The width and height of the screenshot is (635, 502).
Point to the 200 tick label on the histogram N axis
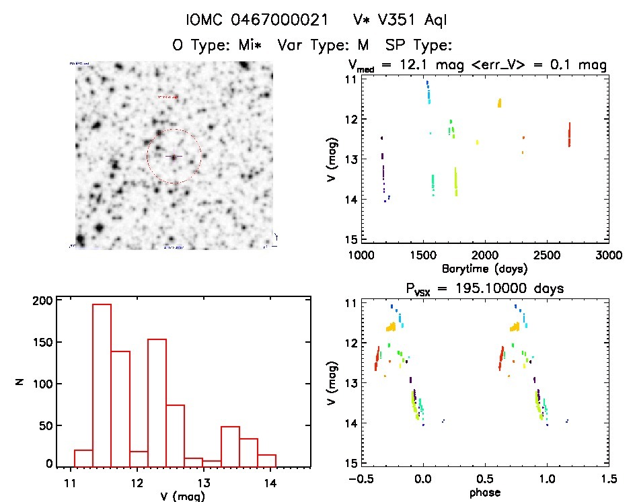(x=42, y=301)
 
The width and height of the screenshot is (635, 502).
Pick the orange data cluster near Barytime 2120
(x=499, y=103)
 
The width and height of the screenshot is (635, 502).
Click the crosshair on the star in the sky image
(x=174, y=157)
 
